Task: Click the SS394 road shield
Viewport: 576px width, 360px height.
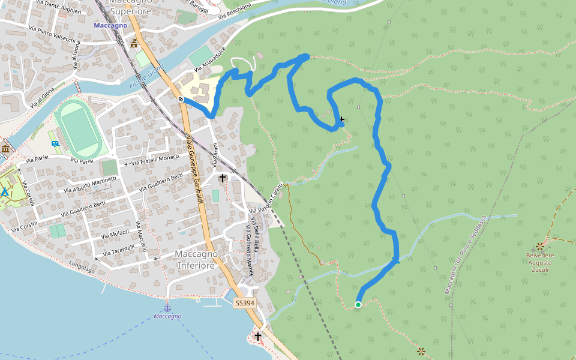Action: point(245,304)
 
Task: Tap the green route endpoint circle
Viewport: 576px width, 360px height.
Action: point(358,305)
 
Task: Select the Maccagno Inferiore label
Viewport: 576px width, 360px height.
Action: point(195,259)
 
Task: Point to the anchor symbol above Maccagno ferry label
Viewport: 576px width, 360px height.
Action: point(167,308)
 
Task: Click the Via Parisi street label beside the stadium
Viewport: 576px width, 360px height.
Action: point(83,161)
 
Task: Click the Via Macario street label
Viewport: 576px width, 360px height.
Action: point(141,238)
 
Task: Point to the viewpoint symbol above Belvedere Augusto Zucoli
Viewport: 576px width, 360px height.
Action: point(540,246)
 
